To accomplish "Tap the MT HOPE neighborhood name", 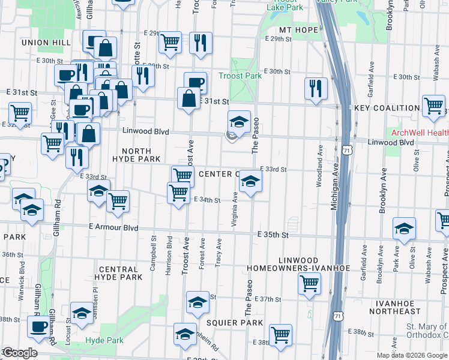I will (x=298, y=29).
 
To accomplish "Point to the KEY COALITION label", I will (x=387, y=108).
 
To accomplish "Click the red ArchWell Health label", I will (x=420, y=133).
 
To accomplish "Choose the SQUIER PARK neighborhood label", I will (x=235, y=323).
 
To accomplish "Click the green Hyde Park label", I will (x=104, y=340).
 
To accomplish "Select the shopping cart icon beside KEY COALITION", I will (x=433, y=106).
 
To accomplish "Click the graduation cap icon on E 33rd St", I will (x=250, y=181).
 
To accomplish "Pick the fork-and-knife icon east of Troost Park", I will (x=315, y=88).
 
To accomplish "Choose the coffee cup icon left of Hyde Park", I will (x=40, y=327).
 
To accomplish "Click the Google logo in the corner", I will (x=20, y=353).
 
